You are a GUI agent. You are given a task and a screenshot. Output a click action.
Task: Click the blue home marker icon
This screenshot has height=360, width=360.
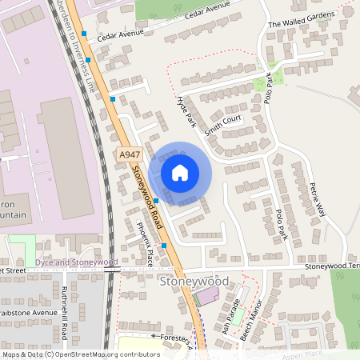(180, 172)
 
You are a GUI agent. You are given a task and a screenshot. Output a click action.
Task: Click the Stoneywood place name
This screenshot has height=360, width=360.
(194, 282)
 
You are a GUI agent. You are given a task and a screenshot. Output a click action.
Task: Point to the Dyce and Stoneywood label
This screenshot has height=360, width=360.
(75, 262)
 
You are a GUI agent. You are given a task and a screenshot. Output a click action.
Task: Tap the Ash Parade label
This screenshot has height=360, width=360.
(232, 317)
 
